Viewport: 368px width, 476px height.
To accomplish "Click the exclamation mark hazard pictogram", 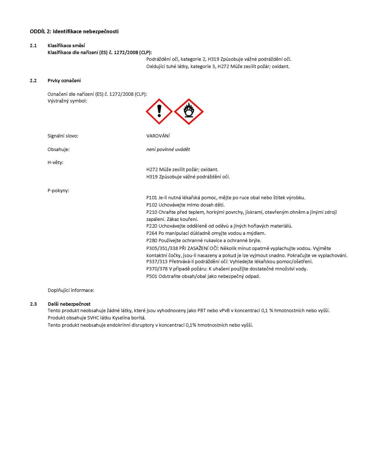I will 159,112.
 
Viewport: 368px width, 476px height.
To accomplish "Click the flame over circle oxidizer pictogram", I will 189,112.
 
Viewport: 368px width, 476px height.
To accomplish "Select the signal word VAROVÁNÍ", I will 158,136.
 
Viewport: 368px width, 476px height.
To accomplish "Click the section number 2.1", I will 33,46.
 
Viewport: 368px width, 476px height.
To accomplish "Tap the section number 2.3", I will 33,304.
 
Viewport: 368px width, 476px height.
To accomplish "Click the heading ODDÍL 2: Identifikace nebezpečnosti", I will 74,32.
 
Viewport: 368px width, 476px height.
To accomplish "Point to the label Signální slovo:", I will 63,136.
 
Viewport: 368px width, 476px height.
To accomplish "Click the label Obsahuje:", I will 58,149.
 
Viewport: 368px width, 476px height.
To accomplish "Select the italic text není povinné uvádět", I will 168,149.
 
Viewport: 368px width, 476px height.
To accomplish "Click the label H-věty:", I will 55,163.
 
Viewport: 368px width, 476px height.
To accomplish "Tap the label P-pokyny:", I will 58,191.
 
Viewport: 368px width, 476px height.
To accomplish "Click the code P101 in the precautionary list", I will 152,198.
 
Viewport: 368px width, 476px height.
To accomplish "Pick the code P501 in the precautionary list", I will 152,276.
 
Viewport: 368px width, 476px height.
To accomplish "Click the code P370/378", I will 157,269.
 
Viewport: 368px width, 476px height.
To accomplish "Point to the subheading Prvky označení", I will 64,81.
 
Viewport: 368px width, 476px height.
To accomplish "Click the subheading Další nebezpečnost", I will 69,304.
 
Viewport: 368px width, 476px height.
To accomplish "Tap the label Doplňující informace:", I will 71,290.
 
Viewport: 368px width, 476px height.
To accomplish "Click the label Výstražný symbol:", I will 67,101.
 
